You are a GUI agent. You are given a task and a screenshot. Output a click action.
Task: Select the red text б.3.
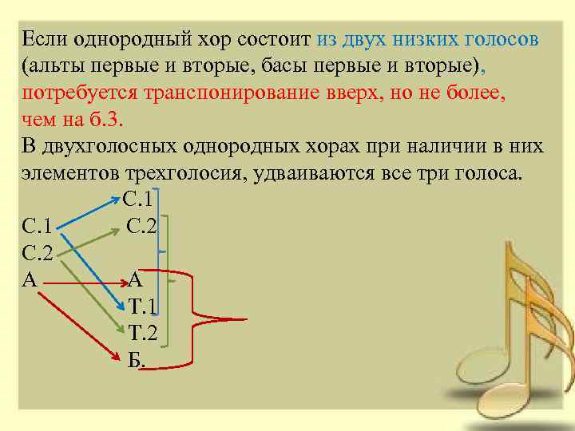point(108,120)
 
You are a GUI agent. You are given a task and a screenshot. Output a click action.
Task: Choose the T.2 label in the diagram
point(143,334)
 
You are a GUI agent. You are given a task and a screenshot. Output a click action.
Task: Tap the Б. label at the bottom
point(137,362)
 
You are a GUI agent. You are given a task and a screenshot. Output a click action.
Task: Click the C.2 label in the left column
point(38,255)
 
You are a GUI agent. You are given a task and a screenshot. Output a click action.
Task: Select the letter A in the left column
point(30,279)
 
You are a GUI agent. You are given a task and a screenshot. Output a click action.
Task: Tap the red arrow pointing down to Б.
point(76,319)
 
